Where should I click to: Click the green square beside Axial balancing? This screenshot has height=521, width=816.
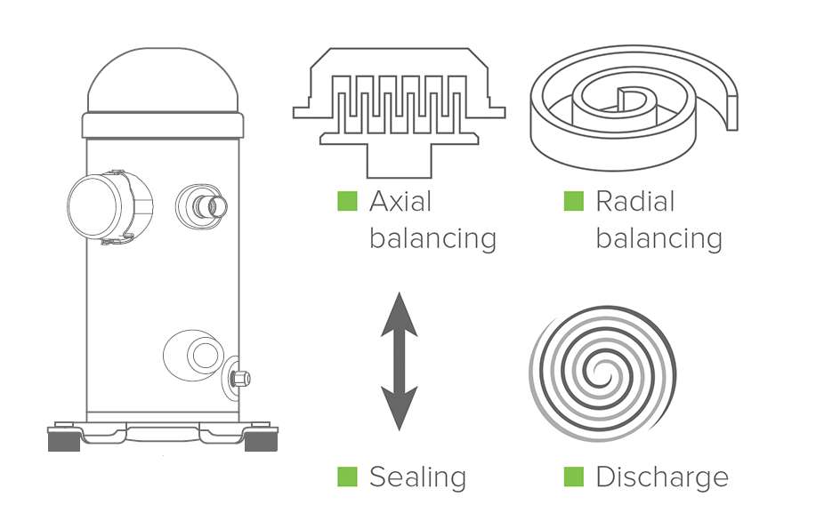coord(347,201)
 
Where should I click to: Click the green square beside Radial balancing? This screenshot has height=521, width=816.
coord(574,201)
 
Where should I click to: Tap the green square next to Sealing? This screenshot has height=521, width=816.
coord(347,477)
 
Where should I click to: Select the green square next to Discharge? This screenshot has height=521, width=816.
coord(574,477)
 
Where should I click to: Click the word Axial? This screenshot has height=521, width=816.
coord(400,202)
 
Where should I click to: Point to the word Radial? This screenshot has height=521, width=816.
coord(635,202)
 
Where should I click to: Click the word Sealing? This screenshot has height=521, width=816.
coord(417,477)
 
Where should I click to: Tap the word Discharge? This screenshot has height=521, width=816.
coord(661,477)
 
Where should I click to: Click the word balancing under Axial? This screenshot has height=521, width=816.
coord(432,239)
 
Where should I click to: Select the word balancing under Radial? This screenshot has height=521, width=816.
coord(658,239)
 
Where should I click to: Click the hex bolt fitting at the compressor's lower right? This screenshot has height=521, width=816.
coord(239,379)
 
